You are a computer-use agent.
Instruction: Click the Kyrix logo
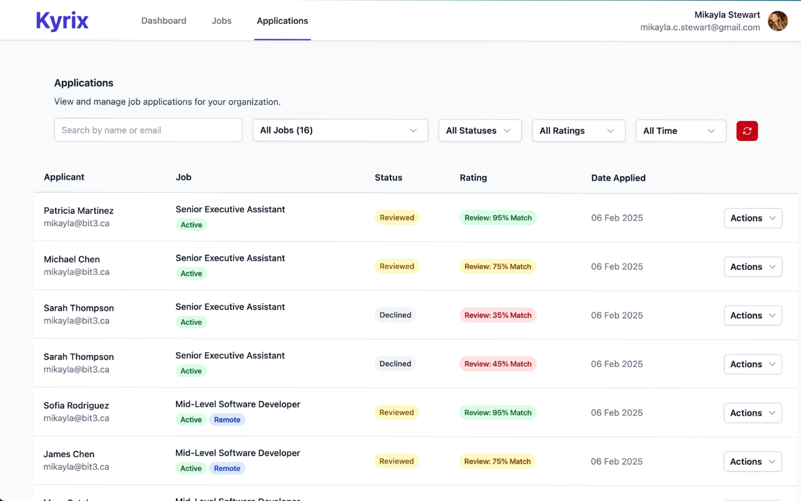tap(62, 21)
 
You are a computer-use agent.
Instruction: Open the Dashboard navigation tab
tap(163, 21)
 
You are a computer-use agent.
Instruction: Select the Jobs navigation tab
tap(222, 21)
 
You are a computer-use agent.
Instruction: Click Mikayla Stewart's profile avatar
tap(778, 21)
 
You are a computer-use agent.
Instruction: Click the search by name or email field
tap(148, 130)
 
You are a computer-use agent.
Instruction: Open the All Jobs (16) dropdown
tap(340, 130)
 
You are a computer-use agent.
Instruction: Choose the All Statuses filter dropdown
tap(479, 130)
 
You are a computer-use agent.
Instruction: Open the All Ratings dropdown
tap(578, 130)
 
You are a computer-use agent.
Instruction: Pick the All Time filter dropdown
tap(680, 130)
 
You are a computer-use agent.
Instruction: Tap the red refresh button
tap(747, 130)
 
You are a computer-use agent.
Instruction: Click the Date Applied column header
tap(618, 178)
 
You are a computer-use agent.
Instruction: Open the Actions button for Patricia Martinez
tap(753, 218)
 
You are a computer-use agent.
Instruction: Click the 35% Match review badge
tap(498, 315)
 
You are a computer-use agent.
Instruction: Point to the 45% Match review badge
tap(498, 364)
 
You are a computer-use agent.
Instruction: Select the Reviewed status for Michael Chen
tap(397, 266)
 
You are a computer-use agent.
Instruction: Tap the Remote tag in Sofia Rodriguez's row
tap(227, 420)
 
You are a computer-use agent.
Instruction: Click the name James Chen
tap(69, 454)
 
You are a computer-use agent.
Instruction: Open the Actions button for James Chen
tap(753, 462)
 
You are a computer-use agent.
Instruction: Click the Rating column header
tap(473, 178)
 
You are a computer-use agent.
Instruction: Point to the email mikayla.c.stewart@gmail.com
tap(700, 28)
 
